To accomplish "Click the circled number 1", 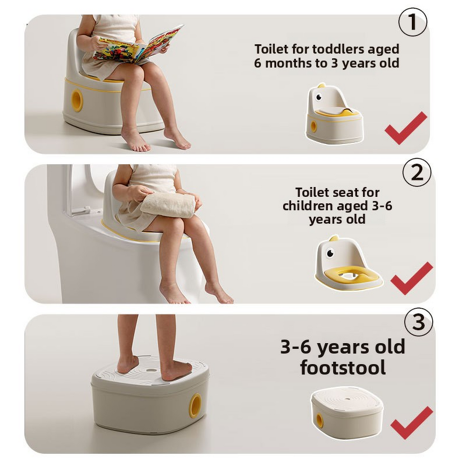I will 412,23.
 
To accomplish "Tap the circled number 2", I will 417,173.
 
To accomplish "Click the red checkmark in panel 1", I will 405,128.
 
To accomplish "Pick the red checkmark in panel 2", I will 411,278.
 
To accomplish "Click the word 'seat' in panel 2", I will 346,192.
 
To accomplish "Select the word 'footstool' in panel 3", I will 343,368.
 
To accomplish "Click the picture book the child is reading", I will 137,45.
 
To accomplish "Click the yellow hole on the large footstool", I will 195,405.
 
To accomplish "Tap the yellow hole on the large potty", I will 77,101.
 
